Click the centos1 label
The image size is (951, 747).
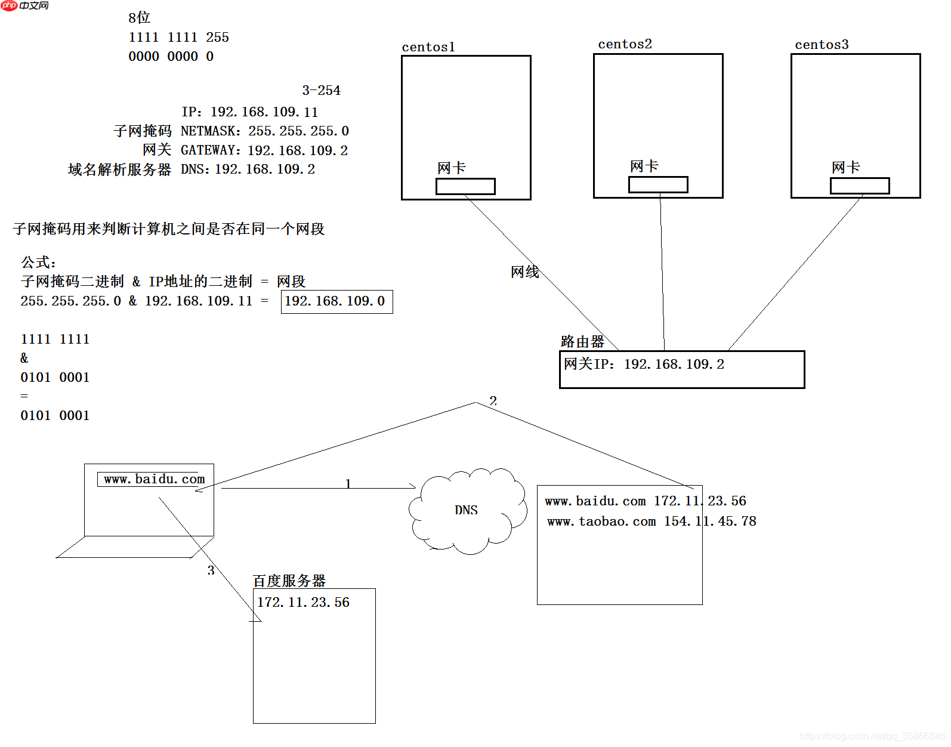click(x=428, y=47)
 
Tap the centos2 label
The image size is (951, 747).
click(x=625, y=44)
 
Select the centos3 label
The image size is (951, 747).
click(x=821, y=45)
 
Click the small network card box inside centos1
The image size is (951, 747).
click(x=465, y=187)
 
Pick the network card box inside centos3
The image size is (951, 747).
click(x=860, y=186)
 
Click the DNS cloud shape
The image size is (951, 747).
click(x=467, y=510)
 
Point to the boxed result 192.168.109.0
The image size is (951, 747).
click(x=336, y=301)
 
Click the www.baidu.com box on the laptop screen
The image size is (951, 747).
click(x=153, y=479)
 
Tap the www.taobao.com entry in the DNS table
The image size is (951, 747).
click(x=601, y=521)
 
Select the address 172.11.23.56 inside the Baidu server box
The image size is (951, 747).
click(x=303, y=603)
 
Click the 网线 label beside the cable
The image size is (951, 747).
click(x=525, y=272)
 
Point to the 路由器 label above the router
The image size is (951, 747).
click(x=582, y=342)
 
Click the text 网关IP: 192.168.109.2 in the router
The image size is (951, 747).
click(x=644, y=364)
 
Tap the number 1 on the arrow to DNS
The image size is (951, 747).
click(x=348, y=483)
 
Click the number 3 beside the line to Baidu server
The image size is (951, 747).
click(x=211, y=570)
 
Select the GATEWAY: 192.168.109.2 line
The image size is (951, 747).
click(x=264, y=150)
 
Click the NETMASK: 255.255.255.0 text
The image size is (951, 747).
click(x=264, y=131)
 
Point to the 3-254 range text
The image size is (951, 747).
click(x=321, y=91)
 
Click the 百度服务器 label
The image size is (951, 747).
click(x=289, y=581)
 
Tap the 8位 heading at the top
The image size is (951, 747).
click(x=139, y=18)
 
